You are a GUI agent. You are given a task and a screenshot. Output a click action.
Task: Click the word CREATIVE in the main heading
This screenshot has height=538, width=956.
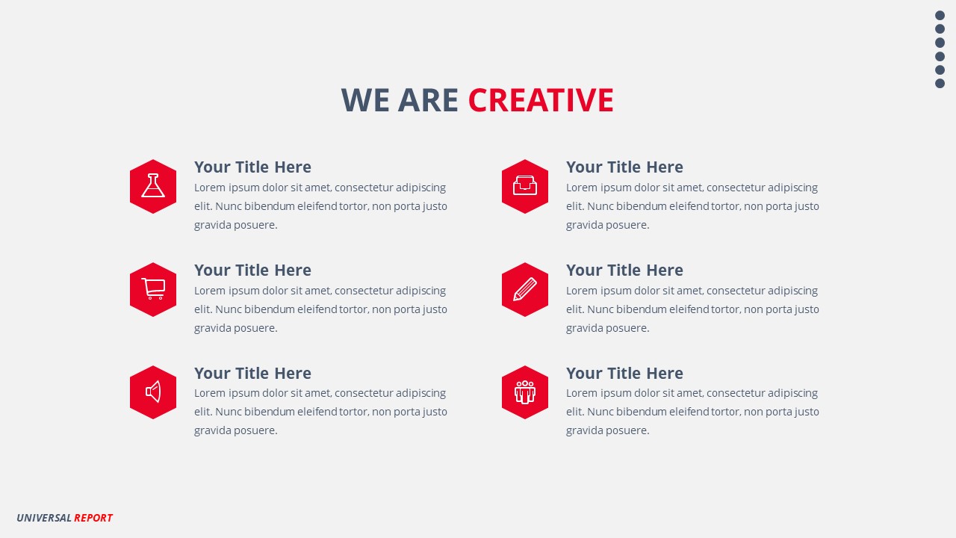coord(541,100)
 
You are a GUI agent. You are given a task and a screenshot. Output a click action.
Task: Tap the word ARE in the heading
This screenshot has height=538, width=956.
coord(428,100)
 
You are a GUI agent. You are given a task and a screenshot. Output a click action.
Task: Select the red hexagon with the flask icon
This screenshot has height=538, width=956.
coord(153,186)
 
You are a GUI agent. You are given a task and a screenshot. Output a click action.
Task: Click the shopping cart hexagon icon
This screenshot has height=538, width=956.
coord(153,289)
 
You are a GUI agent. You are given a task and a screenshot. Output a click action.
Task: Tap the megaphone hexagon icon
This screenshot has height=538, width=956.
coord(153,392)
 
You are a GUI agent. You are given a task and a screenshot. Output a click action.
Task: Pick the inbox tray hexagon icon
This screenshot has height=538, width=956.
coord(525,186)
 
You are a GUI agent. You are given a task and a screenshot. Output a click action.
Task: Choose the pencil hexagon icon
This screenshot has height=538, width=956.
coord(525,289)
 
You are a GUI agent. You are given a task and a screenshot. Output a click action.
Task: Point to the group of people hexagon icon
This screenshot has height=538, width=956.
coord(525,392)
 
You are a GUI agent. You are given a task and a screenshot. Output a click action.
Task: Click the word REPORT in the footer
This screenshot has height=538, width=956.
coord(93,518)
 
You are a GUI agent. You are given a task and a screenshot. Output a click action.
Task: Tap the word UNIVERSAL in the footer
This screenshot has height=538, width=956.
coord(44,518)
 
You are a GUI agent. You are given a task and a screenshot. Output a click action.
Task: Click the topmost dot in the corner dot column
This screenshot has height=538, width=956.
coord(940,16)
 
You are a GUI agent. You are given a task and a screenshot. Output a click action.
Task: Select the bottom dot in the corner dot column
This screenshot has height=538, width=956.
coord(940,84)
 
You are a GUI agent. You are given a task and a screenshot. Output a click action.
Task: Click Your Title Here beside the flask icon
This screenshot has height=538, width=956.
coord(252,167)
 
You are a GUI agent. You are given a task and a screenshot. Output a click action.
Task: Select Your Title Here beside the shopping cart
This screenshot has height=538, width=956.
coord(252,270)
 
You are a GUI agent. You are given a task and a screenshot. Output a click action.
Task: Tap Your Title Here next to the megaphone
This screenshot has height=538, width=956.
coord(252,374)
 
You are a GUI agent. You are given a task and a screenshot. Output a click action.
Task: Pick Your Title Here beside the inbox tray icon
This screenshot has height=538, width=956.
coord(624,167)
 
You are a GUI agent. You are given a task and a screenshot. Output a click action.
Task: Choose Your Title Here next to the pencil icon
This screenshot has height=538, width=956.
coord(624,270)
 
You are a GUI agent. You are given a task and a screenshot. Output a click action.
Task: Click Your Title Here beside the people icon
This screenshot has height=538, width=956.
coord(624,374)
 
